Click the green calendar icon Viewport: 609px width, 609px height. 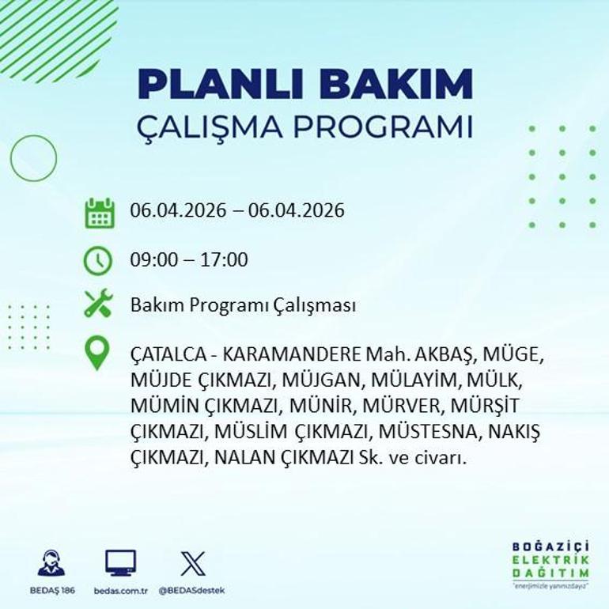coord(100,213)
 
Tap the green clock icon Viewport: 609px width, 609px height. coord(98,260)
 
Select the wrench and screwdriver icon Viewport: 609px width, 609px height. coord(98,304)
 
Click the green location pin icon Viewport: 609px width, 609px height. coord(96,354)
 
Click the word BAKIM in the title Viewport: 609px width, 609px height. coord(400,84)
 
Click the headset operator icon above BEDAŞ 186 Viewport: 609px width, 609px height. coord(51,562)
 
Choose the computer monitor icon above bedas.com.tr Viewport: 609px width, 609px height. coord(120,562)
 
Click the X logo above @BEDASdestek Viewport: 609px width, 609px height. coord(192,563)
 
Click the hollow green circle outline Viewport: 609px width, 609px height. coord(33,158)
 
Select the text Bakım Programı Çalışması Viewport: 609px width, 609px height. coord(243,306)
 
